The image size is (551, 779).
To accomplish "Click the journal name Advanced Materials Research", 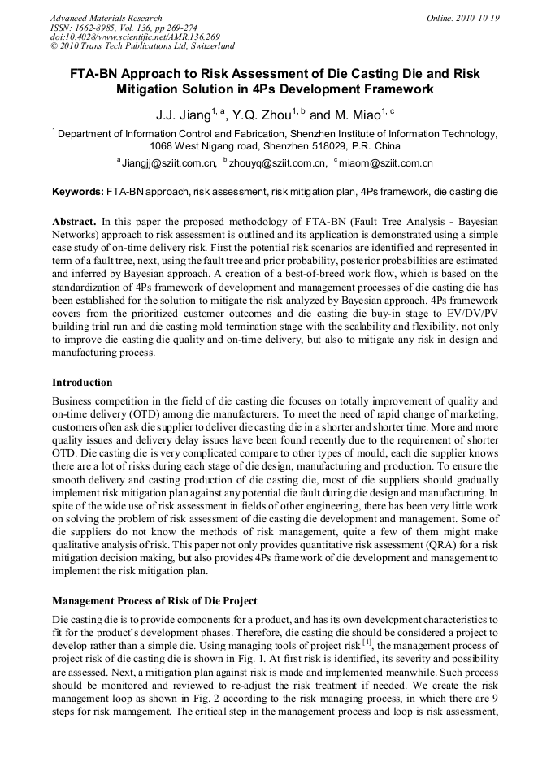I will (x=106, y=18).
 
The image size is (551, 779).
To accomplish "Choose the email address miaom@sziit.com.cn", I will (x=386, y=163).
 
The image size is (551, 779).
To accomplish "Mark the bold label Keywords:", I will (x=78, y=193).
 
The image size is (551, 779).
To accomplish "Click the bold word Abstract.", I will (x=74, y=222).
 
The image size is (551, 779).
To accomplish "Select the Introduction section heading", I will (x=82, y=383).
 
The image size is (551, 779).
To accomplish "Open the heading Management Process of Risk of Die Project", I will (x=154, y=601).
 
